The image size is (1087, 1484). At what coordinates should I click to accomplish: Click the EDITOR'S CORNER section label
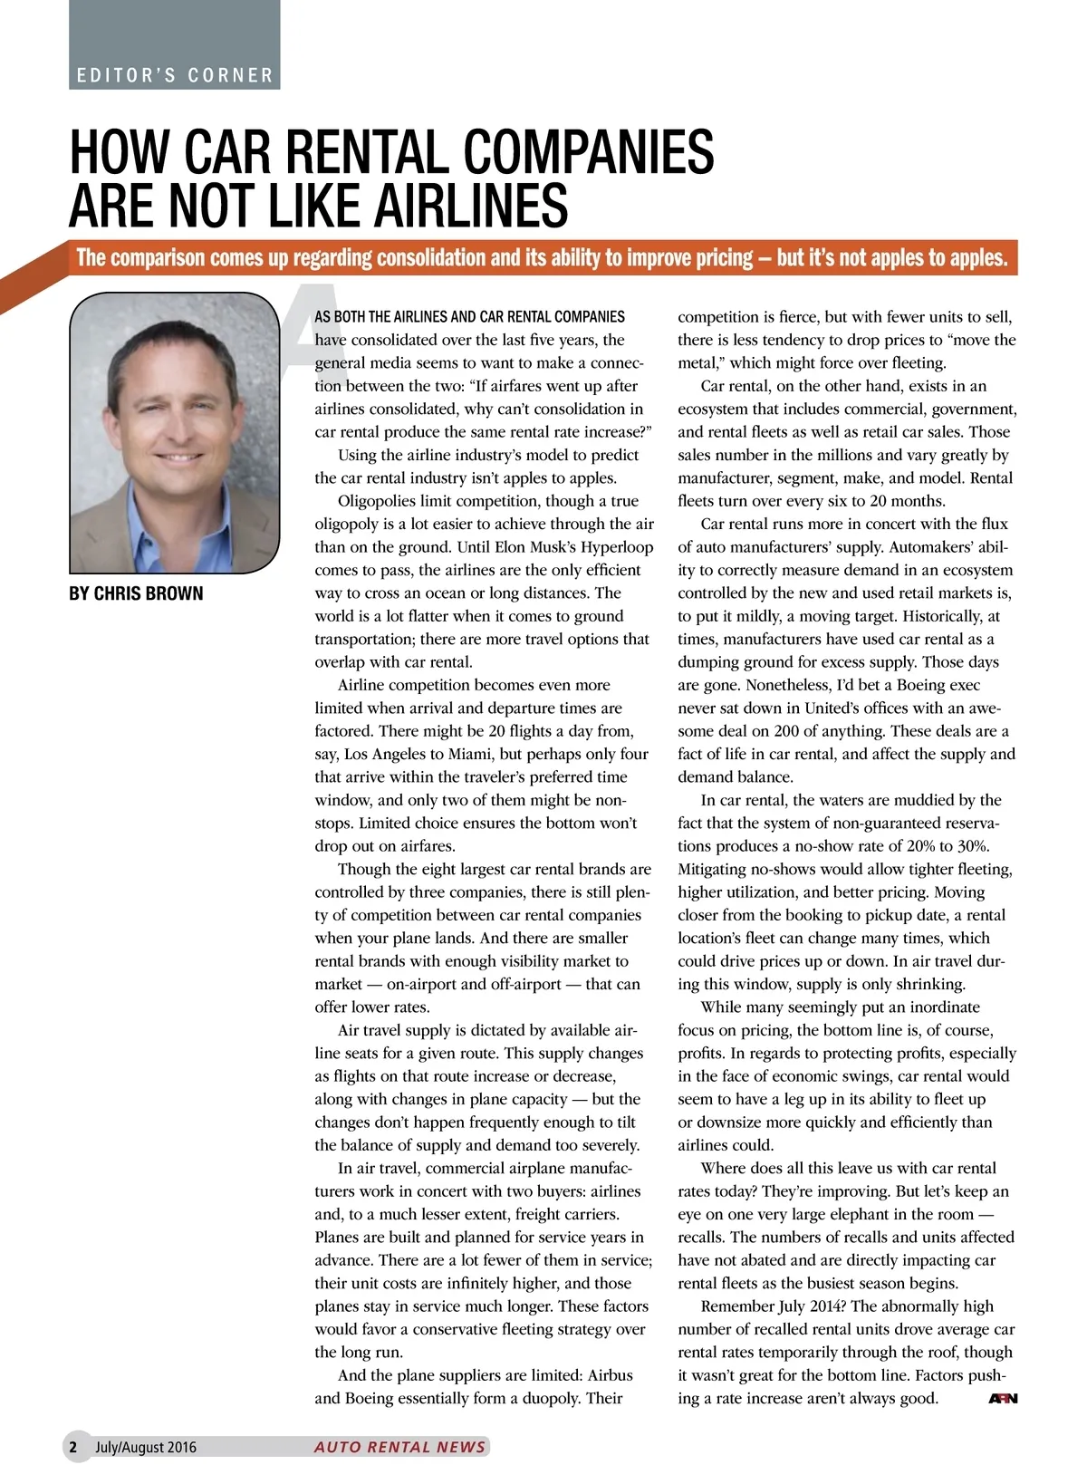tap(174, 75)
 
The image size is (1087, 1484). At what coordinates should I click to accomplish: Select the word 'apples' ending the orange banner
tap(977, 258)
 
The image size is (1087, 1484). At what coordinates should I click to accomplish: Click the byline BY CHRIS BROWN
tap(136, 593)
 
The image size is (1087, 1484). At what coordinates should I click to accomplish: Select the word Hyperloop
tap(617, 547)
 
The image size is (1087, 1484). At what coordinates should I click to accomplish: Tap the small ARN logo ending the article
tap(1003, 1399)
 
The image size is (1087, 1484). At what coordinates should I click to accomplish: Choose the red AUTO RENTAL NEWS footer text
tap(399, 1447)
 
